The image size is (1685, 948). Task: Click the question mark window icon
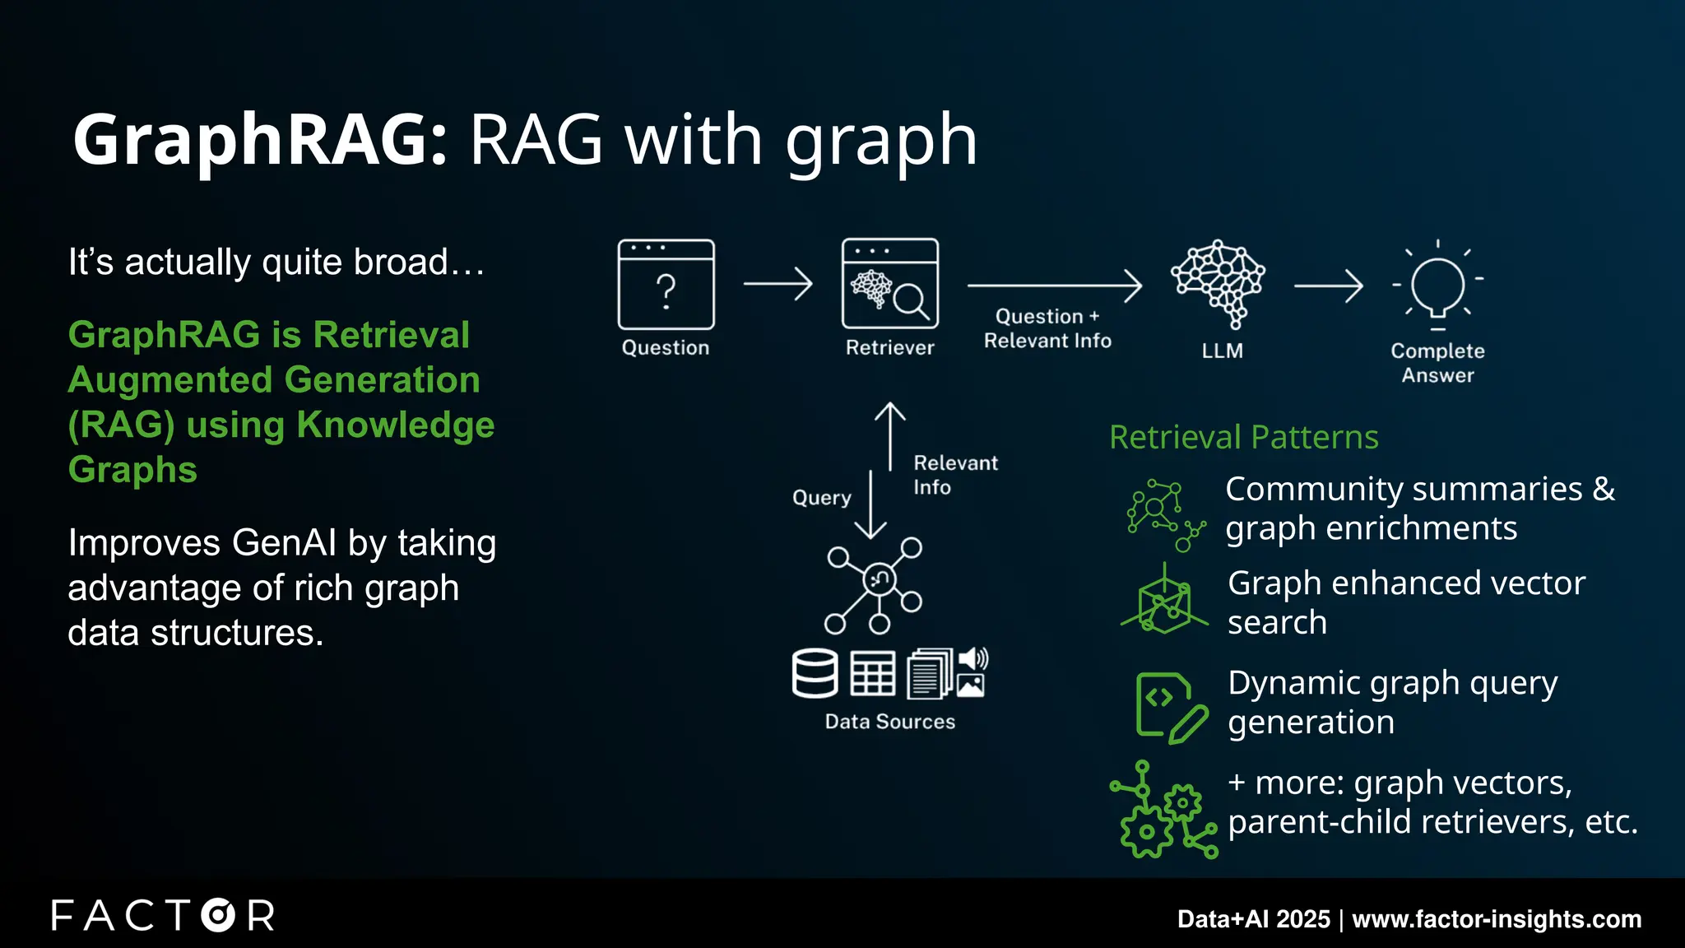coord(666,284)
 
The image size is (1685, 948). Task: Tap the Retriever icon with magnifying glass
coord(889,284)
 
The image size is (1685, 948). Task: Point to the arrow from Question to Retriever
coord(778,284)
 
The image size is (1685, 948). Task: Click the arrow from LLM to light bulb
coord(1328,286)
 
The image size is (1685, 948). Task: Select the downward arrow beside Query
coord(870,504)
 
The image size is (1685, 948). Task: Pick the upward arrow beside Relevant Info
coord(889,436)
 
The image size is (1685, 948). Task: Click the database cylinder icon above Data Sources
coord(815,673)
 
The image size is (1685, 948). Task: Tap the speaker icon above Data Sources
coord(973,659)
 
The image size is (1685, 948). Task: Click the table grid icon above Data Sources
coord(872,674)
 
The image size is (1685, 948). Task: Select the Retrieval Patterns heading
coord(1243,437)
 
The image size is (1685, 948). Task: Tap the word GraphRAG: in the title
coord(260,140)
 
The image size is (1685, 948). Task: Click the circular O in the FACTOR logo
coord(218,915)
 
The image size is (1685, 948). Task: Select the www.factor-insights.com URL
coord(1497,918)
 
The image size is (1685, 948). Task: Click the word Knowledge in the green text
coord(395,425)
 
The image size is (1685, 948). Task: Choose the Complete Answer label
coord(1437,363)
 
